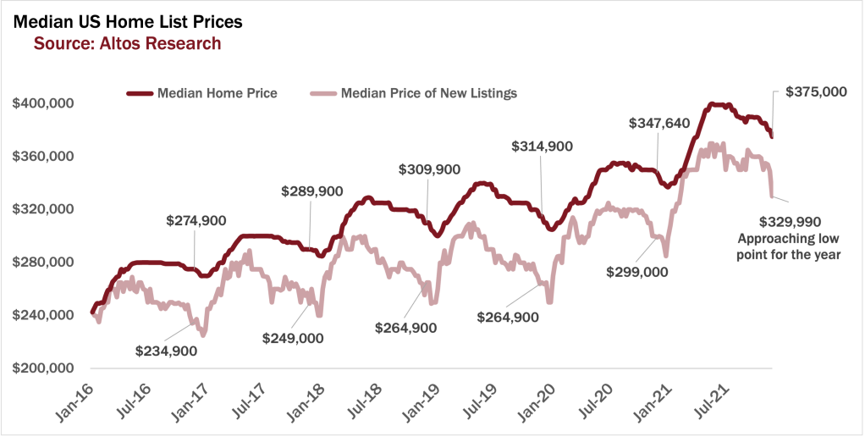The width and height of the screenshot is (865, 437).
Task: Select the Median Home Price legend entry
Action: pyautogui.click(x=217, y=92)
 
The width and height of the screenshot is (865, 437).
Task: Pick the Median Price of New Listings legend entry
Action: pyautogui.click(x=428, y=92)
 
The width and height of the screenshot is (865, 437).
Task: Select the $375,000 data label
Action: pyautogui.click(x=816, y=91)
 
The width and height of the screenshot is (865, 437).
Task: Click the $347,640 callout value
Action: pyautogui.click(x=659, y=123)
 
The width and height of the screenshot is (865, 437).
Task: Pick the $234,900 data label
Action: pyautogui.click(x=166, y=351)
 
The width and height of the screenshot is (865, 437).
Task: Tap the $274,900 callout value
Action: pyautogui.click(x=196, y=221)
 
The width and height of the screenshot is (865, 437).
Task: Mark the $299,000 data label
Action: pyautogui.click(x=637, y=272)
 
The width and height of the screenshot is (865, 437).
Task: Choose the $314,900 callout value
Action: pyautogui.click(x=543, y=147)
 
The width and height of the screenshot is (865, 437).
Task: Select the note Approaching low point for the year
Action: pyautogui.click(x=790, y=246)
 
